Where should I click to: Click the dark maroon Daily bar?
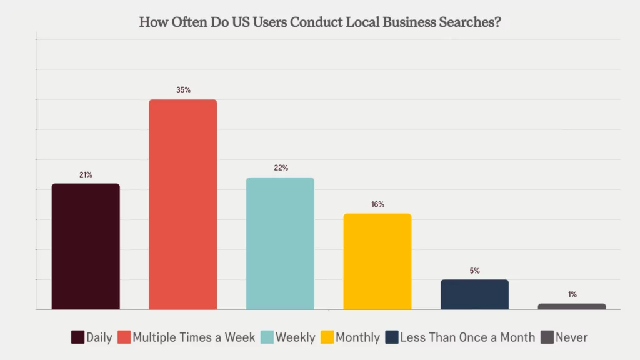coord(86,246)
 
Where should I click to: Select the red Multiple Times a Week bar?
coord(182,204)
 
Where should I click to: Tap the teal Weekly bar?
coord(280,243)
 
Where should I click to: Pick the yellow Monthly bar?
coord(377,261)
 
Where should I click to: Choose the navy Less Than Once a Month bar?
coord(474,294)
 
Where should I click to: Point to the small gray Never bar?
coord(572,306)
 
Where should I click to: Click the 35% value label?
coord(183,90)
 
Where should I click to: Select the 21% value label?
coord(86,175)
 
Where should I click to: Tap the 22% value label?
coord(281,168)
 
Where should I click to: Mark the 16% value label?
coord(377,204)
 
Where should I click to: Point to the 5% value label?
coord(475,271)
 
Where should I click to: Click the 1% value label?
coord(572,294)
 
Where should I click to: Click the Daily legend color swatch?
coord(77,337)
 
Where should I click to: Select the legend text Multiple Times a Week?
coord(194,337)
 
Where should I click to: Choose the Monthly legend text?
coord(357,337)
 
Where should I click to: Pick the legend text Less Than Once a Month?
coord(467,337)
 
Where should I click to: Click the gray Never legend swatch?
coord(547,337)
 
